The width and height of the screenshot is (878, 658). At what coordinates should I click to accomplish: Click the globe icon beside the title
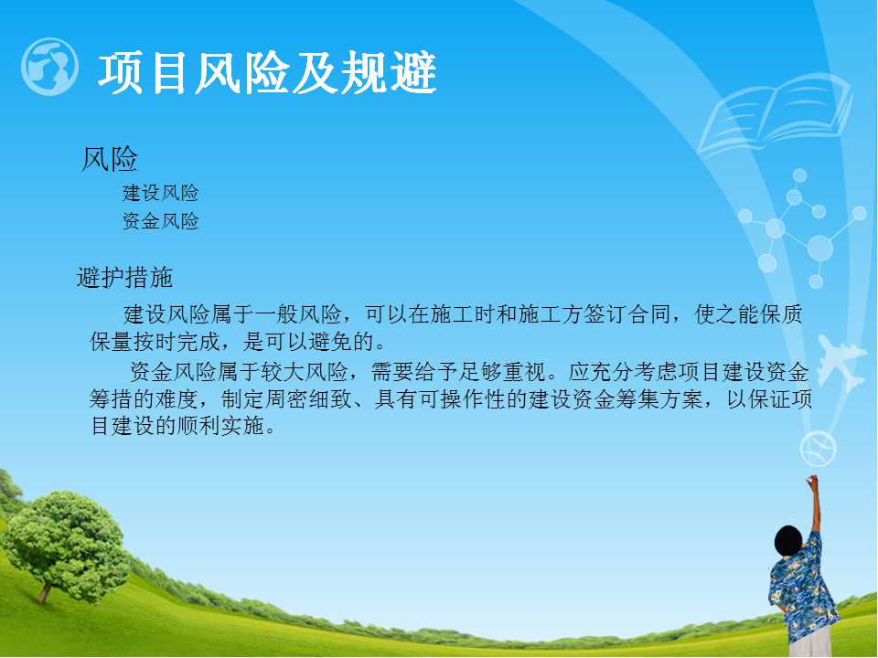[49, 67]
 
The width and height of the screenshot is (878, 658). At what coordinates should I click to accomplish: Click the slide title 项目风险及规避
[268, 73]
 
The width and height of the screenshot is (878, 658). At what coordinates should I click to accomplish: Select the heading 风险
[110, 159]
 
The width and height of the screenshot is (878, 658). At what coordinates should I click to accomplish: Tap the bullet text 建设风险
[161, 193]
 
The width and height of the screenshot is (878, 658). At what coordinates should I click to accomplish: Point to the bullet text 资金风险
[161, 221]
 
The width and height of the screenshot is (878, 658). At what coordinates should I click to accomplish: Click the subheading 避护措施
[125, 278]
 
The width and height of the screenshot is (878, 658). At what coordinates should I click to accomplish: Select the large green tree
[66, 546]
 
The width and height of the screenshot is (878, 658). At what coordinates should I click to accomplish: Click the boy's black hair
[789, 540]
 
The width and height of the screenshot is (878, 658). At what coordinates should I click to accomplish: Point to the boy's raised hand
[811, 482]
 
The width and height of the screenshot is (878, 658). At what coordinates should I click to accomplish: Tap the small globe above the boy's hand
[818, 449]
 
